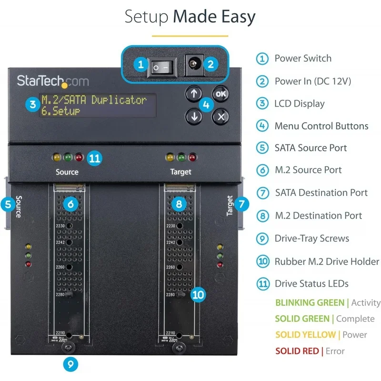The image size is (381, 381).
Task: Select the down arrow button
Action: (x=193, y=116)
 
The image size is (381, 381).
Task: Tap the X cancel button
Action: (x=220, y=116)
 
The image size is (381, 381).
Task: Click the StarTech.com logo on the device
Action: (x=53, y=80)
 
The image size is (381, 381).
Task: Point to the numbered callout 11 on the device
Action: (x=95, y=158)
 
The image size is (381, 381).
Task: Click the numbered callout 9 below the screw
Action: (x=70, y=365)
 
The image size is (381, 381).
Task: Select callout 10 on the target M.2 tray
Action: (x=198, y=295)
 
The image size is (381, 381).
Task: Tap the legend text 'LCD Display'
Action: (x=300, y=103)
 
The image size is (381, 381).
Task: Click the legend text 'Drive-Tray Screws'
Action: (x=311, y=238)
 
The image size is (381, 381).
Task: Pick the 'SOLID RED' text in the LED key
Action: (x=297, y=351)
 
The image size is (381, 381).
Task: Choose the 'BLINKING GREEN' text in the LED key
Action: (x=310, y=302)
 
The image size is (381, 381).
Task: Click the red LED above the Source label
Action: (x=79, y=157)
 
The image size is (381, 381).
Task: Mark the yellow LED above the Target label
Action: (x=170, y=157)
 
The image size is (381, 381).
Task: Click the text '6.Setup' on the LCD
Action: (x=60, y=111)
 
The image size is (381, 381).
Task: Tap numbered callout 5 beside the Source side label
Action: (x=8, y=205)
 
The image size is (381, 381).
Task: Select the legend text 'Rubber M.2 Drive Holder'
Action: (x=327, y=261)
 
